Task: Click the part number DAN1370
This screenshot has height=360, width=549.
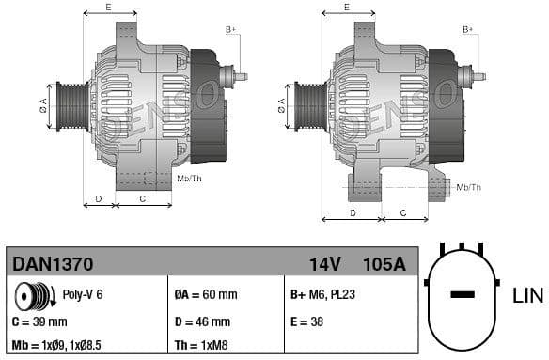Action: (x=51, y=264)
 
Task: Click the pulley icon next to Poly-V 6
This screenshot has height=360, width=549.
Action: (x=36, y=296)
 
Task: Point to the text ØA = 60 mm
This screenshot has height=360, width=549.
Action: (x=207, y=294)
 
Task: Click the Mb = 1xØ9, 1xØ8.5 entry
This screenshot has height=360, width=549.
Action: (x=57, y=345)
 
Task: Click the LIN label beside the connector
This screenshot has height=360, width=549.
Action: (x=527, y=296)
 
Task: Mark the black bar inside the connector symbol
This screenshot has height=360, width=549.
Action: (x=463, y=295)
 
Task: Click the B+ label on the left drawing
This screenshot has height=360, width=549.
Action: (x=230, y=30)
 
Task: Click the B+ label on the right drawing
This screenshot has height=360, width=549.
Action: (x=467, y=30)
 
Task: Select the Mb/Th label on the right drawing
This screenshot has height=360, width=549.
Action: (x=468, y=187)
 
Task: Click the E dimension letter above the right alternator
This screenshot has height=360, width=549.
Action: (x=347, y=8)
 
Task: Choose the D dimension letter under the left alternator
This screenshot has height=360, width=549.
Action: (x=99, y=198)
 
